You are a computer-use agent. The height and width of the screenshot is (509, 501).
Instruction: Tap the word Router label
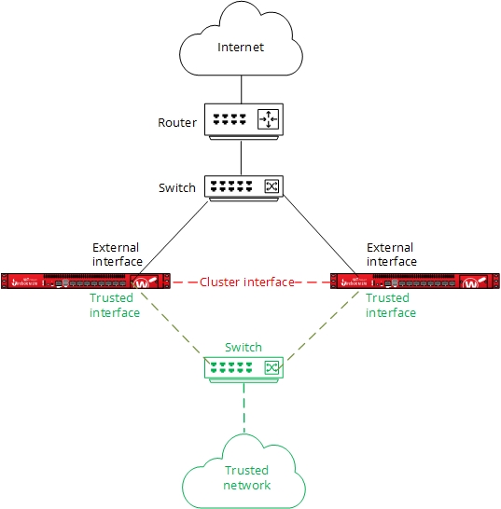coord(178,122)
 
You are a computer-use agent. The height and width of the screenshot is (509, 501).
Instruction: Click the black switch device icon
coord(242,186)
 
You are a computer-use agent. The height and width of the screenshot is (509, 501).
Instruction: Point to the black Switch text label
coord(177,187)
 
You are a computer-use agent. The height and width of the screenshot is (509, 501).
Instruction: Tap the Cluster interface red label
coord(246,282)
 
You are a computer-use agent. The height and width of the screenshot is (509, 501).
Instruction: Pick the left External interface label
coord(116,254)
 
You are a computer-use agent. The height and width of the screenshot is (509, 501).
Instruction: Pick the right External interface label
coord(390,254)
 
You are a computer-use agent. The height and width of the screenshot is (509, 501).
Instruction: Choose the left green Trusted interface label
coord(115,306)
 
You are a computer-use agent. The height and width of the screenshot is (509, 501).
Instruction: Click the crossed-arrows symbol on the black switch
coord(271,186)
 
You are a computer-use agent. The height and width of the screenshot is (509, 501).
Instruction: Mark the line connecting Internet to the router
coord(242,89)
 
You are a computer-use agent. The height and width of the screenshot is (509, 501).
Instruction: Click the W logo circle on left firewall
coord(143,283)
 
